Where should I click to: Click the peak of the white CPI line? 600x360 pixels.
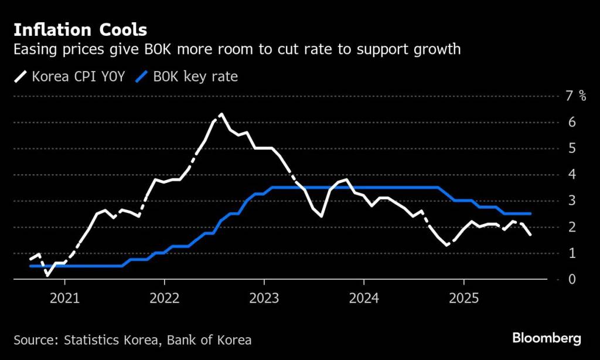221,114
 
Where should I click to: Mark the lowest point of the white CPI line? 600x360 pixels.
47,274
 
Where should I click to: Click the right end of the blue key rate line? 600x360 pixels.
530,213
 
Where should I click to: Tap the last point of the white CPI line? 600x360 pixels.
530,235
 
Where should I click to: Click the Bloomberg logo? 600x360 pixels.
547,338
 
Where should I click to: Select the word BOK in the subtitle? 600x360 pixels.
154,49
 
